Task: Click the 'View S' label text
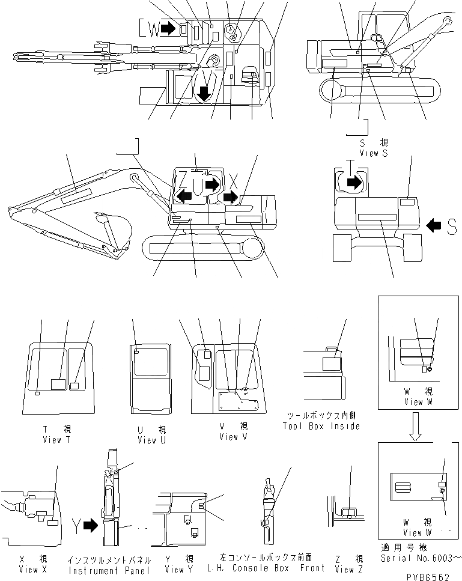coord(374,153)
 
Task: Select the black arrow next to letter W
coord(171,28)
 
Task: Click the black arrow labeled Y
coord(90,526)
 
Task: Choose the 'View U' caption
coord(147,440)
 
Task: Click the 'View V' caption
coord(228,437)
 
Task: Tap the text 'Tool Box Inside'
coord(321,426)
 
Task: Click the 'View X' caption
coord(29,569)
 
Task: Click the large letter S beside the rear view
coord(452,225)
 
